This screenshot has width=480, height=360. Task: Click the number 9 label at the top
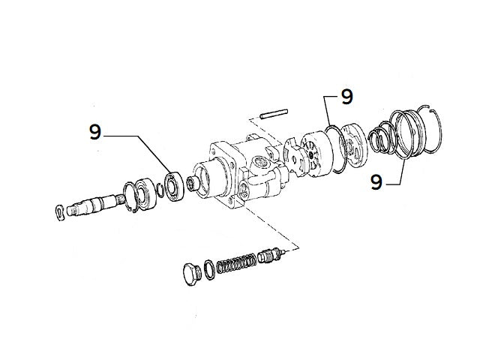346,96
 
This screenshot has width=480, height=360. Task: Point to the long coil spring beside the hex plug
235,264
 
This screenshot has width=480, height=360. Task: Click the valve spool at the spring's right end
270,256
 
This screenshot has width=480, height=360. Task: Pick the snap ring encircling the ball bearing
129,196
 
